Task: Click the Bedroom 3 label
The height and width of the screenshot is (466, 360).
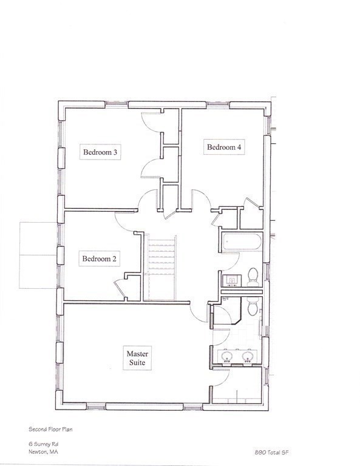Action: point(100,152)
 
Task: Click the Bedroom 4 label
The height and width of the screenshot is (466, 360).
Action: point(225,147)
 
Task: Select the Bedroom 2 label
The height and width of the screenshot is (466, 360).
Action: point(100,259)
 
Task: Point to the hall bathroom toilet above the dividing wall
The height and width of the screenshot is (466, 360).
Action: point(254,276)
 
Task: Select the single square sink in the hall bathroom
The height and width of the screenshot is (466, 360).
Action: point(232,280)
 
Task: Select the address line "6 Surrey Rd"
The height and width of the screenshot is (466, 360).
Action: point(42,444)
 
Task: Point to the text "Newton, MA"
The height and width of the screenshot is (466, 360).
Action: point(42,451)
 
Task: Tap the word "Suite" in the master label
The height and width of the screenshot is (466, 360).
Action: point(137,363)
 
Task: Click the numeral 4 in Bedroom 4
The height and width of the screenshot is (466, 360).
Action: point(241,147)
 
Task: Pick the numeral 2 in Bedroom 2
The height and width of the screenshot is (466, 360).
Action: point(115,259)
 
